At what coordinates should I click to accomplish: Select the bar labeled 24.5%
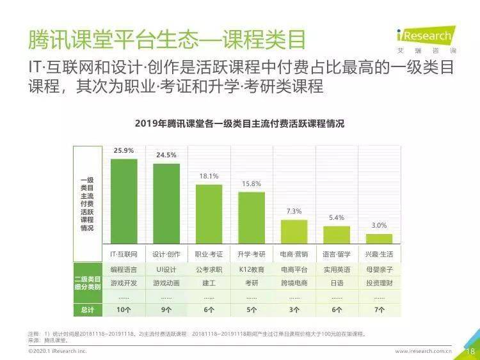coord(166,203)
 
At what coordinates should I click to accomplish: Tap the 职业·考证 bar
coord(209,214)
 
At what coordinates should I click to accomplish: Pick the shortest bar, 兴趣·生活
coord(380,238)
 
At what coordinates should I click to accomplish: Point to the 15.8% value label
coord(252,184)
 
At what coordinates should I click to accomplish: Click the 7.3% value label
coord(294,211)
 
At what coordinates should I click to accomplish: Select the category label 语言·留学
coord(337,254)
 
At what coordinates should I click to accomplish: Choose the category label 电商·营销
coord(294,254)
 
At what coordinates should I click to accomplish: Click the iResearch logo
coord(423,37)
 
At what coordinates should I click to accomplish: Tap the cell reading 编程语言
coord(124,270)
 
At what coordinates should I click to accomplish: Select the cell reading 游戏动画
coord(166,283)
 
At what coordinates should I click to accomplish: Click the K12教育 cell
coord(252,270)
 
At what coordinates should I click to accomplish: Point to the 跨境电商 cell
coord(294,283)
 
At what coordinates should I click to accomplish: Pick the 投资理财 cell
coord(380,283)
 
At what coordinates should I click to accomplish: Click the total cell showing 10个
coord(124,310)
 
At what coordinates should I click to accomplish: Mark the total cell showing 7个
coord(380,310)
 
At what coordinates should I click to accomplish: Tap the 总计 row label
coord(87,310)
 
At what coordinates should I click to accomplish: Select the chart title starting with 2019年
coord(239,124)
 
